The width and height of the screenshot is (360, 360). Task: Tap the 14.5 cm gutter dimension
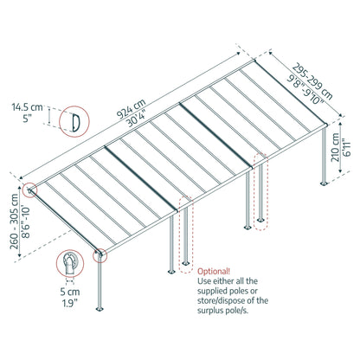click(x=29, y=107)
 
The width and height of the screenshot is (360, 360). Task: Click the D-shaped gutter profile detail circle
click(x=75, y=119)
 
